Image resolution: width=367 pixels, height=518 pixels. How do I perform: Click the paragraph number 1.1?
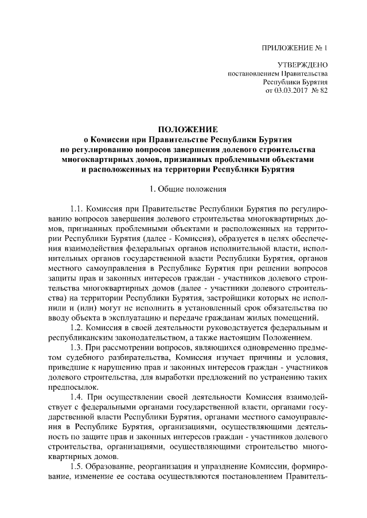(78, 209)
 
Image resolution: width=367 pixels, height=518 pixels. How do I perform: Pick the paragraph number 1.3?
(78, 349)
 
